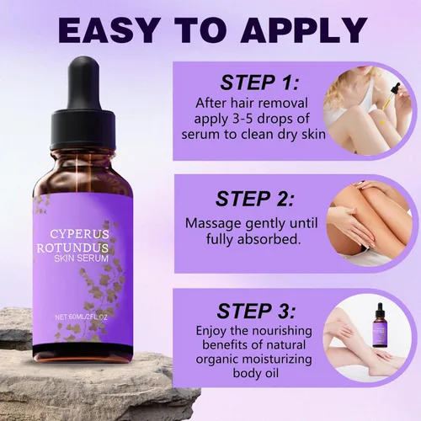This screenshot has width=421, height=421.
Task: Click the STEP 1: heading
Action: pyautogui.click(x=260, y=83)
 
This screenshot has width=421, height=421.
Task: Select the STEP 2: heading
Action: pyautogui.click(x=255, y=199)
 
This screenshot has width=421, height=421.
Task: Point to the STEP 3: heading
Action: pyautogui.click(x=257, y=311)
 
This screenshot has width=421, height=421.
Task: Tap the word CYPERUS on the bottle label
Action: pyautogui.click(x=80, y=234)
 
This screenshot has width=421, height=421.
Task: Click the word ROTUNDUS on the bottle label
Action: pyautogui.click(x=72, y=248)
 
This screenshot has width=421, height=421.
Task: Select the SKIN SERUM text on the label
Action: pyautogui.click(x=82, y=258)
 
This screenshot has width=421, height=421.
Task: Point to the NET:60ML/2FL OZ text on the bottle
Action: pyautogui.click(x=82, y=317)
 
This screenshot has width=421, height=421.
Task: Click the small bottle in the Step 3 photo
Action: pyautogui.click(x=380, y=327)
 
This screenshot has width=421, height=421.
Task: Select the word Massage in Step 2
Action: pyautogui.click(x=213, y=224)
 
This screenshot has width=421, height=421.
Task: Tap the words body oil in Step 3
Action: pyautogui.click(x=256, y=374)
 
